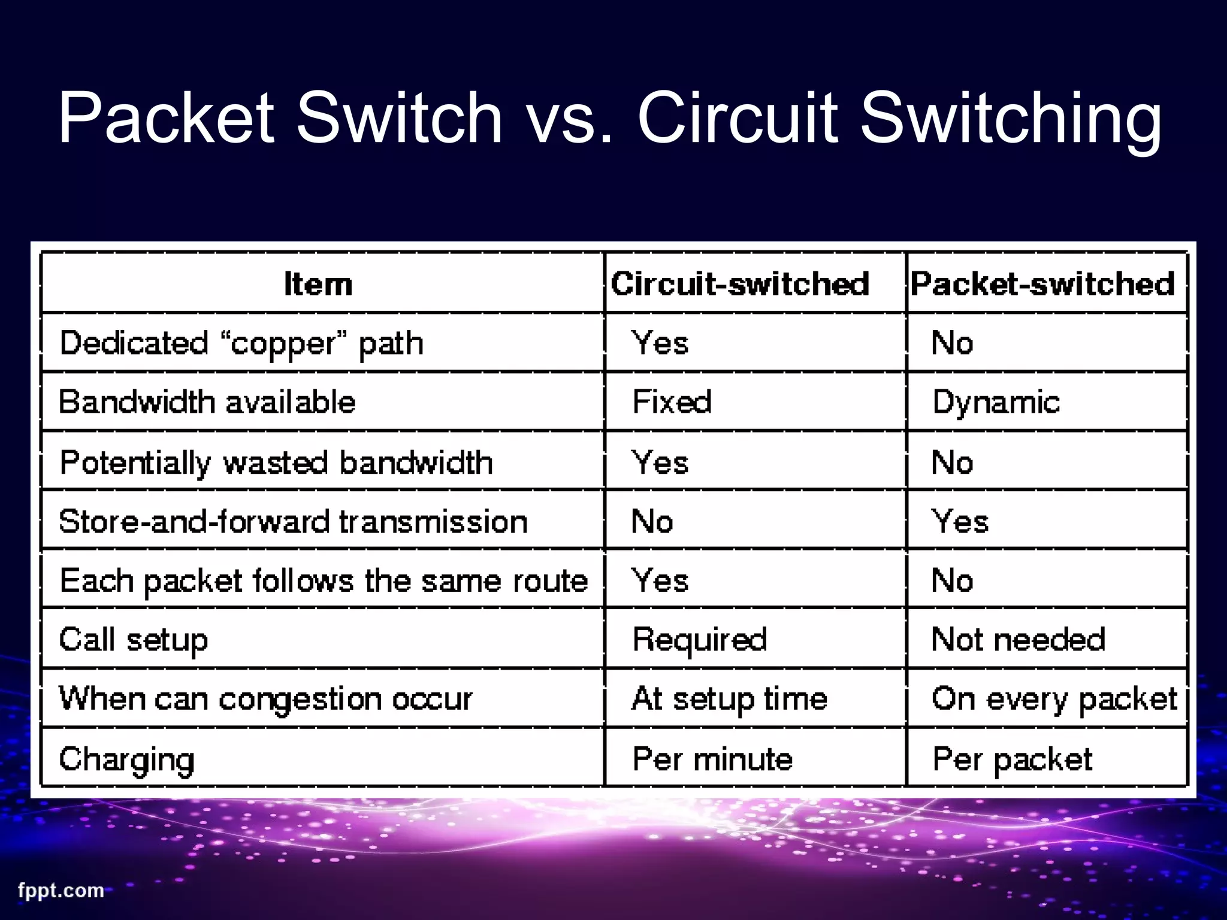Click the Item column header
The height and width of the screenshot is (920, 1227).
click(x=318, y=284)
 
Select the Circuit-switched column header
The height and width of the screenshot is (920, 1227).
click(x=740, y=284)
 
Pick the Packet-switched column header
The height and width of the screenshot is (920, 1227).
click(x=1042, y=284)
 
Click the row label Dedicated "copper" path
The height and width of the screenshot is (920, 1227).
click(x=241, y=343)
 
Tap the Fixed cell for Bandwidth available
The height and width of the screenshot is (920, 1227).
click(x=672, y=402)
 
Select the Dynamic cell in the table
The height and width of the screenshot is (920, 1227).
click(x=996, y=402)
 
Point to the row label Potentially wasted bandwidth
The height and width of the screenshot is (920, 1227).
click(x=276, y=462)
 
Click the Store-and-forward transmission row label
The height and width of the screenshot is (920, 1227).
click(x=293, y=521)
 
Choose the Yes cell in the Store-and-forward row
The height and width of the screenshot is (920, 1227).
click(x=960, y=521)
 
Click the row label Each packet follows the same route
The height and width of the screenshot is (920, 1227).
click(x=324, y=580)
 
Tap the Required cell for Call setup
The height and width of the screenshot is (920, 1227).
click(x=700, y=640)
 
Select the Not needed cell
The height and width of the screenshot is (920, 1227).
click(x=1019, y=640)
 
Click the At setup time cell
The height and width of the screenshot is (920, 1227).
click(x=729, y=699)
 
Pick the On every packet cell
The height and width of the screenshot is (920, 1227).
click(x=1054, y=699)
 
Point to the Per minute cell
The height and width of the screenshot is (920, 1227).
click(x=713, y=759)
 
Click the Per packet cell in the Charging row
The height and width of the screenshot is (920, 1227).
click(x=1013, y=759)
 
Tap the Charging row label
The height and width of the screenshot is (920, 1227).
click(x=127, y=759)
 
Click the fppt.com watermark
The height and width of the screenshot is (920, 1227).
click(x=61, y=891)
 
